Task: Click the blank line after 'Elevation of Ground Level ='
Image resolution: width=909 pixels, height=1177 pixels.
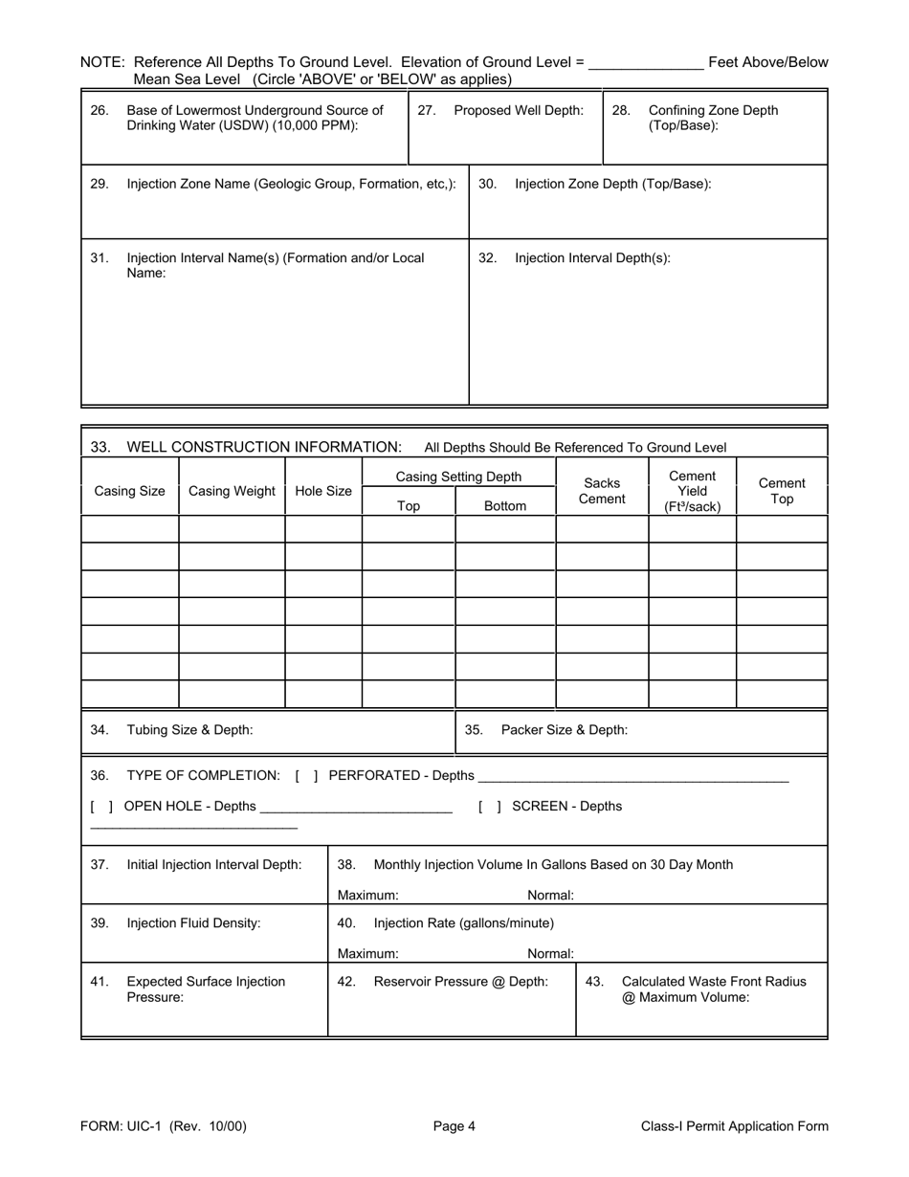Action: [x=647, y=63]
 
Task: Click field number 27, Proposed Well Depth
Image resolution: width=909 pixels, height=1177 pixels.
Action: [x=518, y=110]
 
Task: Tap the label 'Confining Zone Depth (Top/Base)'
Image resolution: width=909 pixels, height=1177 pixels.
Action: [x=713, y=118]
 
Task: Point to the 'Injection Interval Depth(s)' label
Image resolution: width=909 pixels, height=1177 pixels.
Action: [x=592, y=257]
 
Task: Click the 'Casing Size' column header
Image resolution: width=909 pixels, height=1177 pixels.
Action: [x=129, y=491]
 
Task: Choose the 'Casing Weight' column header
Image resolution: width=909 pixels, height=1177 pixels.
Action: [x=232, y=491]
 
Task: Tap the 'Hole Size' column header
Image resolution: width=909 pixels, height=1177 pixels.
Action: [x=323, y=491]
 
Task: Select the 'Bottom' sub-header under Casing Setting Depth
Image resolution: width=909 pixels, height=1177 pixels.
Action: [x=505, y=506]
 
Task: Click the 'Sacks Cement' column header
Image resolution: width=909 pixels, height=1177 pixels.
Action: [x=602, y=491]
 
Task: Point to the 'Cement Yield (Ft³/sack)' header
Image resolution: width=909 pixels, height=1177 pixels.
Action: [x=692, y=491]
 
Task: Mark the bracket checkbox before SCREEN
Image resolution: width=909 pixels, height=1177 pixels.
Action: [x=490, y=806]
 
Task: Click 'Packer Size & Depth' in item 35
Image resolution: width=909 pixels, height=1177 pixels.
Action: [x=565, y=729]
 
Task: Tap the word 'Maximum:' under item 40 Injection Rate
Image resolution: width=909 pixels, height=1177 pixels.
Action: [x=368, y=953]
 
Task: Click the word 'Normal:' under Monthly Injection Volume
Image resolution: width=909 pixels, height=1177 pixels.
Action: [x=551, y=896]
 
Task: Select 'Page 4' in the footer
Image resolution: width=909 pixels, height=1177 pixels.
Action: [x=454, y=1126]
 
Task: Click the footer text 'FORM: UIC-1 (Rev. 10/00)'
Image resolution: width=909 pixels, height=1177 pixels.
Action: [x=164, y=1126]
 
